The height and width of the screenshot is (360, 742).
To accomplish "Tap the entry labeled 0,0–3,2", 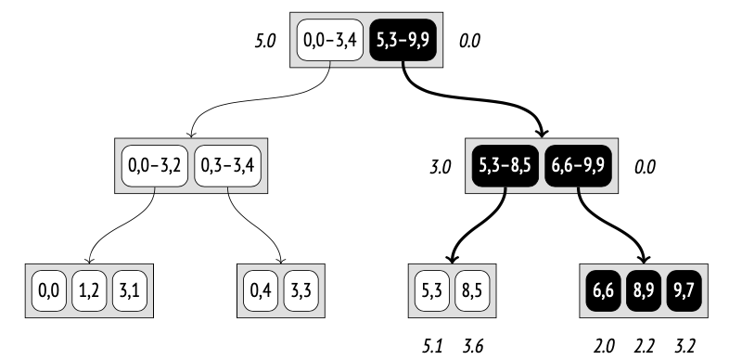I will [x=155, y=166].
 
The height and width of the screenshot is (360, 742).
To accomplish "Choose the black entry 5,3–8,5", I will [x=505, y=166].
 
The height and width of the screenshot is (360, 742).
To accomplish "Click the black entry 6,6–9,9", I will [x=579, y=166].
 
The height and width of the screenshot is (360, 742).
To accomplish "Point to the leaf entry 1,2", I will [x=89, y=289].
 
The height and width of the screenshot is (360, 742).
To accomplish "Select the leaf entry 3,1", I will [x=129, y=289].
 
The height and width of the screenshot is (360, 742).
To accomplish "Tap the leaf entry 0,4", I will [x=261, y=289].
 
